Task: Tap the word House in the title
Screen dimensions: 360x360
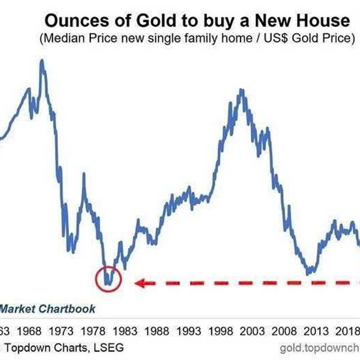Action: point(320,21)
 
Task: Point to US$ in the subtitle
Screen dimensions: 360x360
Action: point(263,39)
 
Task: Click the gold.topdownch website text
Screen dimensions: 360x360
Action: point(320,348)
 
